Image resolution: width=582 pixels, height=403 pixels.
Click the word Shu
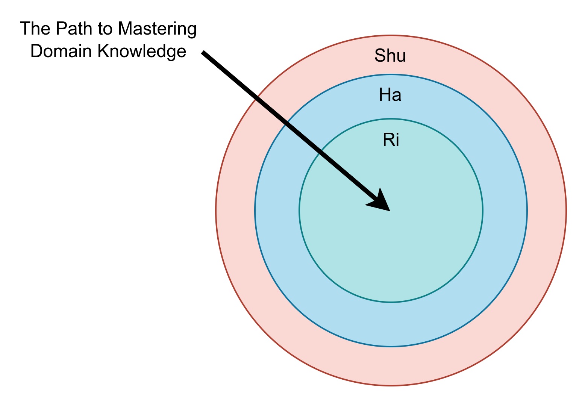point(390,56)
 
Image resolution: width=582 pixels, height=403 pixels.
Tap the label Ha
point(390,95)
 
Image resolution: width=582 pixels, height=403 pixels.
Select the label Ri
point(391,140)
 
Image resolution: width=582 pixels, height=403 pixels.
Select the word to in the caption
point(107,29)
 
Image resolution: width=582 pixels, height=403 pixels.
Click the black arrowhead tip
point(390,210)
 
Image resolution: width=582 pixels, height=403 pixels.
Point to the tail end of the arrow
point(203,52)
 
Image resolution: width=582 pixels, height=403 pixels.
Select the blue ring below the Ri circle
point(391,324)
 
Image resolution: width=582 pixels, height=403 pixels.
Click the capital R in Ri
point(388,140)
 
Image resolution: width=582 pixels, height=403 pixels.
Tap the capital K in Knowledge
point(103,51)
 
